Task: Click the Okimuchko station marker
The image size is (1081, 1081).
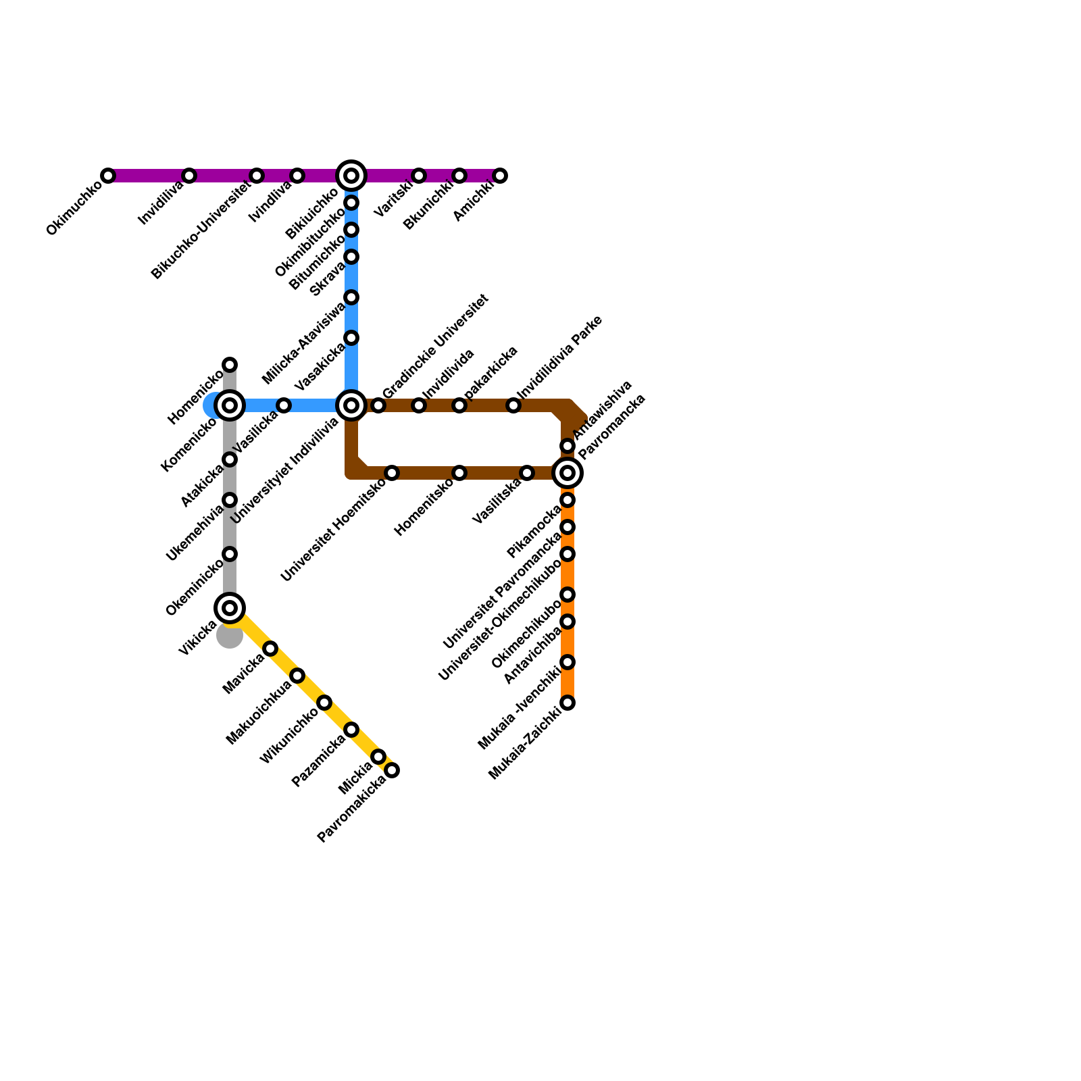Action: click(x=108, y=176)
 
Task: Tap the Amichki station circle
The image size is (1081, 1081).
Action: click(x=500, y=176)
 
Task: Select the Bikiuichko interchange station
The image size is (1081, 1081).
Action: click(x=351, y=176)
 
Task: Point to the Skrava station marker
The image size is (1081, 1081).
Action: click(x=351, y=297)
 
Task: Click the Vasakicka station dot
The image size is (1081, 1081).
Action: click(x=351, y=338)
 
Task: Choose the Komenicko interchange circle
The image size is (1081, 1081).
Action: click(x=230, y=405)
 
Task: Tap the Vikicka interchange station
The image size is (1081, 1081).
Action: click(x=230, y=608)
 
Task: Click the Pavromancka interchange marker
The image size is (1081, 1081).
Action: click(x=568, y=473)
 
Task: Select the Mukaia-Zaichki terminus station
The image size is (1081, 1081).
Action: click(x=568, y=703)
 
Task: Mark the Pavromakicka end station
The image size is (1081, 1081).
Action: click(x=392, y=770)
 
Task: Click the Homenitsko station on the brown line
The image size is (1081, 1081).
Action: click(x=459, y=473)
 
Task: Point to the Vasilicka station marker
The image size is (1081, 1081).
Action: click(x=284, y=405)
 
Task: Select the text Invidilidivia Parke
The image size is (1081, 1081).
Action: click(x=559, y=358)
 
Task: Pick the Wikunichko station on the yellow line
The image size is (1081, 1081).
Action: click(x=324, y=703)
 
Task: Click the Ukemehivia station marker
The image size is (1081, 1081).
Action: click(x=230, y=500)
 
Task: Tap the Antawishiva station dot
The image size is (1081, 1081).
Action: click(x=568, y=446)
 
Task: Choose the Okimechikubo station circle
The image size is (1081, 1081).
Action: click(x=568, y=622)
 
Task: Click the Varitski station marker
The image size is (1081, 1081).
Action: click(x=419, y=176)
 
